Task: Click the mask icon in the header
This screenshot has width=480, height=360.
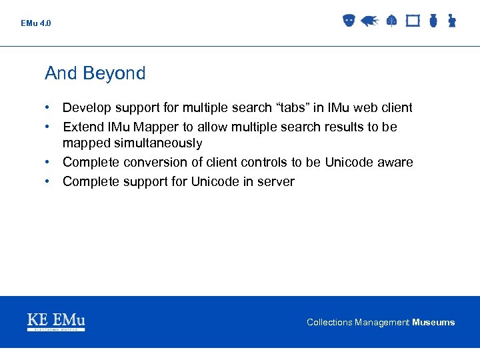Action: pyautogui.click(x=348, y=21)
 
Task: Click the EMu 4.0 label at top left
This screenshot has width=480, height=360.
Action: pyautogui.click(x=35, y=23)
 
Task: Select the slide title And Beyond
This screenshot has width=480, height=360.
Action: pyautogui.click(x=95, y=73)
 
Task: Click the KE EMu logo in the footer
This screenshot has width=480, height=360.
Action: pyautogui.click(x=56, y=321)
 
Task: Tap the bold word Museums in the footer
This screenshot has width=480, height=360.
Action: pyautogui.click(x=433, y=323)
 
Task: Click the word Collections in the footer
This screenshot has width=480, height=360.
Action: pyautogui.click(x=329, y=323)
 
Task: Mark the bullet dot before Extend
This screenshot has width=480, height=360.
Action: pyautogui.click(x=49, y=127)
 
